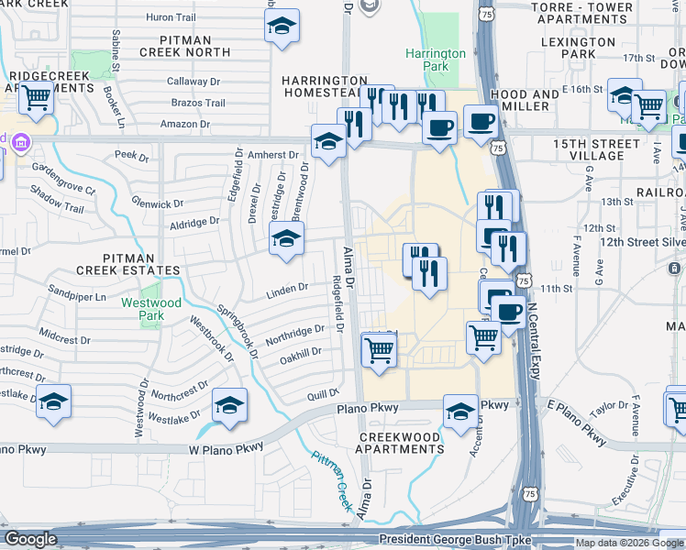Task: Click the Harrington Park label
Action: click(437, 60)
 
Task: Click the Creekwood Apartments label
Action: click(402, 443)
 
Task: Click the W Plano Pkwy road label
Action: click(227, 447)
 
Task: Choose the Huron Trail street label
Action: click(171, 17)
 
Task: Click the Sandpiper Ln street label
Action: click(78, 298)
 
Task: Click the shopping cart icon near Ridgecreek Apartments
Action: click(36, 97)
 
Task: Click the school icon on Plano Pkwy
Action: click(460, 411)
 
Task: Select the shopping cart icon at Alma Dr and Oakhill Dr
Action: click(380, 349)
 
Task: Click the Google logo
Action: click(31, 539)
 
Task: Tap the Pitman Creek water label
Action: click(332, 480)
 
